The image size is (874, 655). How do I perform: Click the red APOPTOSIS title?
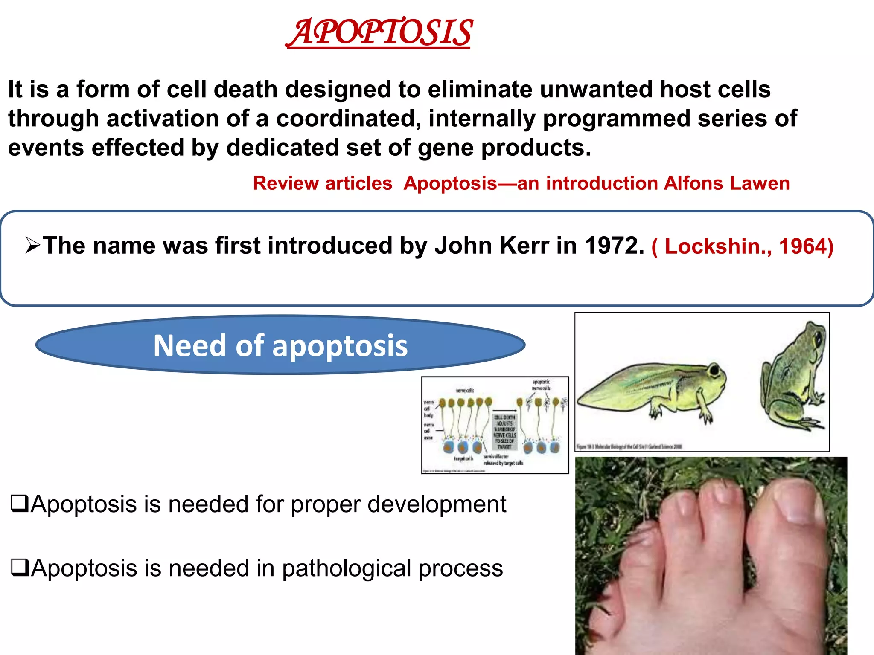379,32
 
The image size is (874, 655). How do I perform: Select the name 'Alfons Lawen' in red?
726,183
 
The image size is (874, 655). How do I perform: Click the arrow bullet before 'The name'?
32,245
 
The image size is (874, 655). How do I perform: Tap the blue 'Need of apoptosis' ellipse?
280,345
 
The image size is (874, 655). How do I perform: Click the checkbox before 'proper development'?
19,504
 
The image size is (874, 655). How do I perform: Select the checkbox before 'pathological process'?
19,568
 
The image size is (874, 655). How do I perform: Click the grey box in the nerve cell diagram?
504,432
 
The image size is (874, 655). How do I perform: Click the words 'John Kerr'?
492,246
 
